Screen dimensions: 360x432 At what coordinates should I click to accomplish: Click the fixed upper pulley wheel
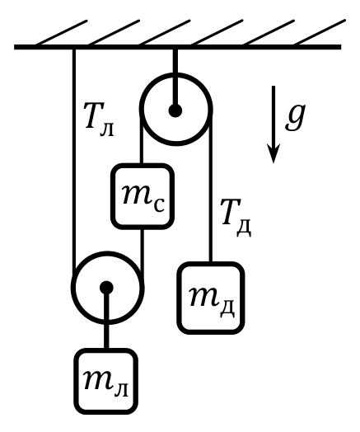tap(176, 76)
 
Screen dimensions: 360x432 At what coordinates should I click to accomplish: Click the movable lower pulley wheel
tap(107, 254)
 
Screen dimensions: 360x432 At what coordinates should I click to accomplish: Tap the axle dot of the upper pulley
tap(175, 110)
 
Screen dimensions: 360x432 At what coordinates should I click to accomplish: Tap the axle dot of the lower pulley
tap(106, 288)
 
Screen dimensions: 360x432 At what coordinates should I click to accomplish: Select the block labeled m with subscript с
tap(143, 196)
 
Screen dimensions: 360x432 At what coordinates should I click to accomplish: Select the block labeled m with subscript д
tap(211, 298)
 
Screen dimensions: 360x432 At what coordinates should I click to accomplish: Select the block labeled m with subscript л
tap(106, 382)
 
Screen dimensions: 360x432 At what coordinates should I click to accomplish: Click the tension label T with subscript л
tap(99, 119)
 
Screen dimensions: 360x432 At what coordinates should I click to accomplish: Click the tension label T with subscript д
tap(236, 218)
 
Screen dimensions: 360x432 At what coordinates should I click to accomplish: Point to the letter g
tap(295, 117)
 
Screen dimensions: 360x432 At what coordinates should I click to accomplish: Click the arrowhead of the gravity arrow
tap(274, 153)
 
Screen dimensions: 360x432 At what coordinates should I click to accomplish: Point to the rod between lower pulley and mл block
tap(106, 320)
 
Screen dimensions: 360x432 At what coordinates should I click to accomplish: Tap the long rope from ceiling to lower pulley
tap(74, 161)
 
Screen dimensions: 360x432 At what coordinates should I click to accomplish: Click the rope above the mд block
tap(211, 190)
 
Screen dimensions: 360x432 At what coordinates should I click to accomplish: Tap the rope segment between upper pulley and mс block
tap(142, 140)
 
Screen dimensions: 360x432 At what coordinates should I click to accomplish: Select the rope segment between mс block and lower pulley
tap(142, 253)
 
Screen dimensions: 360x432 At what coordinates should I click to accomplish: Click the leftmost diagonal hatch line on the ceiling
tap(62, 32)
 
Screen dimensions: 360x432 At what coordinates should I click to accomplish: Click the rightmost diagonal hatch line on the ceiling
tap(320, 32)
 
